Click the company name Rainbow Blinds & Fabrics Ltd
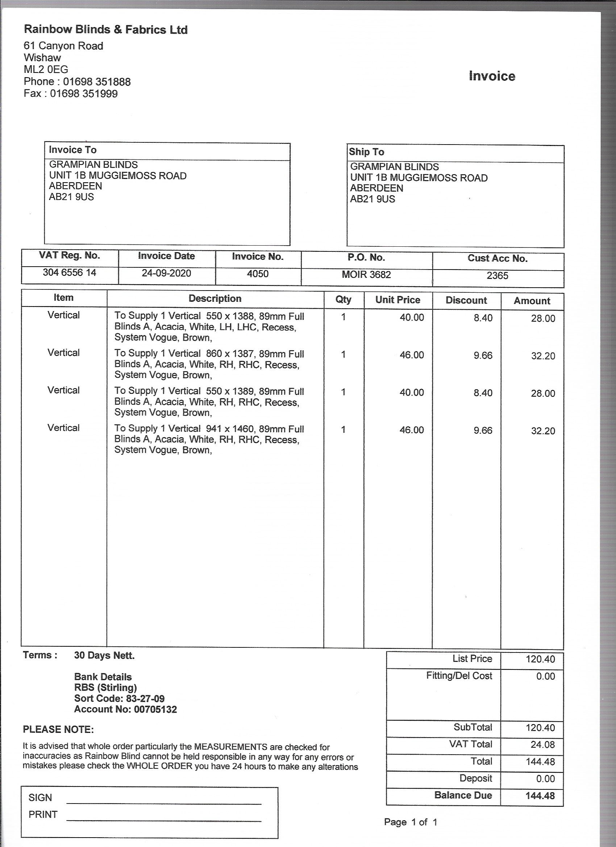(x=106, y=29)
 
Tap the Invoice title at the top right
(x=492, y=76)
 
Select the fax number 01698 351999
(x=84, y=93)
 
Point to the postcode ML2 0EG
(x=46, y=70)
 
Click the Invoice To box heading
(x=73, y=150)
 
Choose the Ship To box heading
(x=366, y=152)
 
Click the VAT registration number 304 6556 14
(x=70, y=273)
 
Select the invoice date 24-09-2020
(x=166, y=274)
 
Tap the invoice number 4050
(x=258, y=274)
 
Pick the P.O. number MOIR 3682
(x=366, y=275)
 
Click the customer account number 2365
(x=497, y=276)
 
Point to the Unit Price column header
(x=398, y=300)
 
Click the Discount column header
(x=466, y=301)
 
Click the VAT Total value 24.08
(x=542, y=745)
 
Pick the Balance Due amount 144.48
(x=540, y=796)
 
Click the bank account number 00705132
(x=155, y=710)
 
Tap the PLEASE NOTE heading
(x=58, y=730)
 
